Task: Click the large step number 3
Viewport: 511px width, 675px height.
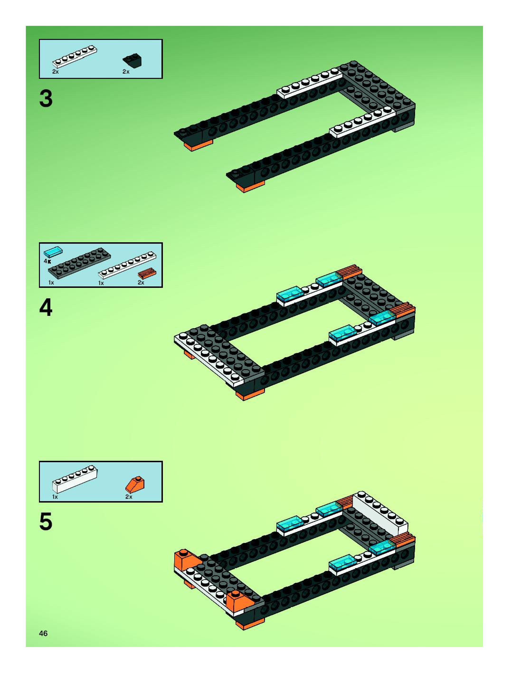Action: pyautogui.click(x=46, y=98)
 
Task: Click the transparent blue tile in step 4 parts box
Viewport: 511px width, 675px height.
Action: pyautogui.click(x=53, y=252)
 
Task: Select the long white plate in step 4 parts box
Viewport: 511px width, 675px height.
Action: pyautogui.click(x=127, y=266)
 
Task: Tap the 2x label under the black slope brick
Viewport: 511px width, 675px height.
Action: pyautogui.click(x=126, y=72)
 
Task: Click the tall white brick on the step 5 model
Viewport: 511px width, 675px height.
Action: pyautogui.click(x=380, y=524)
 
